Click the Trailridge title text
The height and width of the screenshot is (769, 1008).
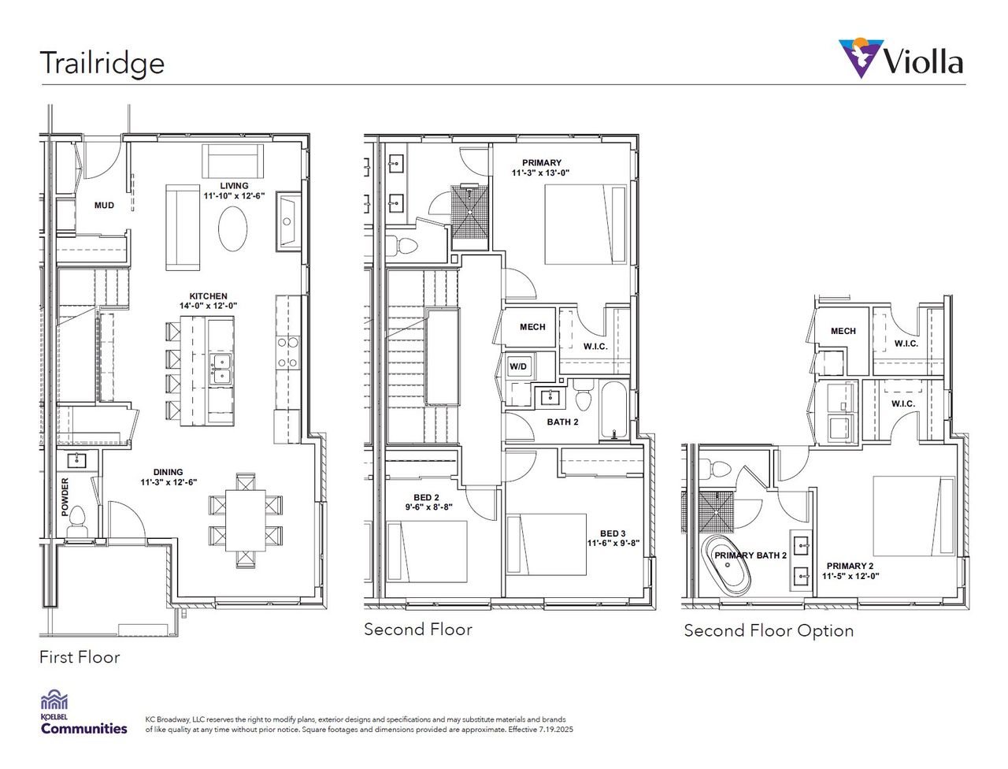coord(102,63)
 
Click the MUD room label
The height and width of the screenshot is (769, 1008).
coord(104,206)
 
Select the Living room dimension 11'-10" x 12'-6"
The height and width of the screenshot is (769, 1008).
coord(234,195)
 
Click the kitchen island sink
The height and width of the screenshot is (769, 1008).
coord(221,368)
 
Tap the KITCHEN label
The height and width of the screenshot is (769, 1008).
coord(209,296)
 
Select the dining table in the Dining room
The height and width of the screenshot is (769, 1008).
coord(246,522)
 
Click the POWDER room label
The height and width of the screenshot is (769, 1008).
coord(65,496)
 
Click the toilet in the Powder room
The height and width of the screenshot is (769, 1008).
coord(77,522)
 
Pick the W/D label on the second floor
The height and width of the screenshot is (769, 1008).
coord(517,366)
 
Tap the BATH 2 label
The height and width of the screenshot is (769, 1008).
coord(562,422)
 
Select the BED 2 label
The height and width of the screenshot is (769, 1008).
coord(426,497)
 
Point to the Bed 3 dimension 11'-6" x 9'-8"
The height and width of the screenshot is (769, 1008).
coord(613,543)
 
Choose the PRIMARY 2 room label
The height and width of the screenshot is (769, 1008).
coord(850,566)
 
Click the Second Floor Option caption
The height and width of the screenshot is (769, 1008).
coord(768,630)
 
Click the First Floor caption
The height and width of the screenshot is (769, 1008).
coord(80,657)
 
